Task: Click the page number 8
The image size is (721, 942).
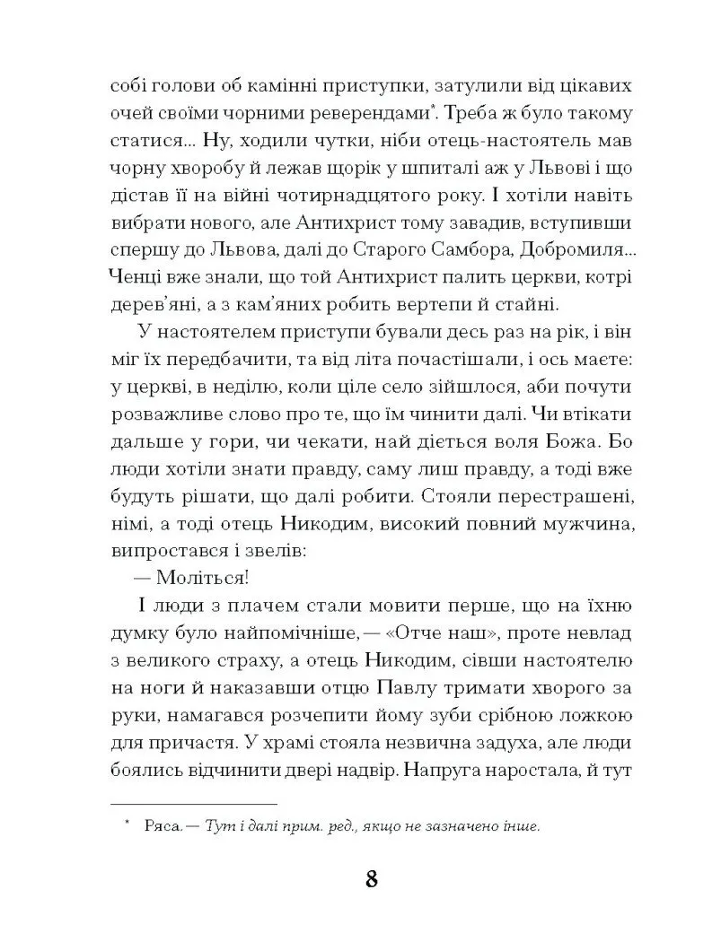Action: tap(371, 877)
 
